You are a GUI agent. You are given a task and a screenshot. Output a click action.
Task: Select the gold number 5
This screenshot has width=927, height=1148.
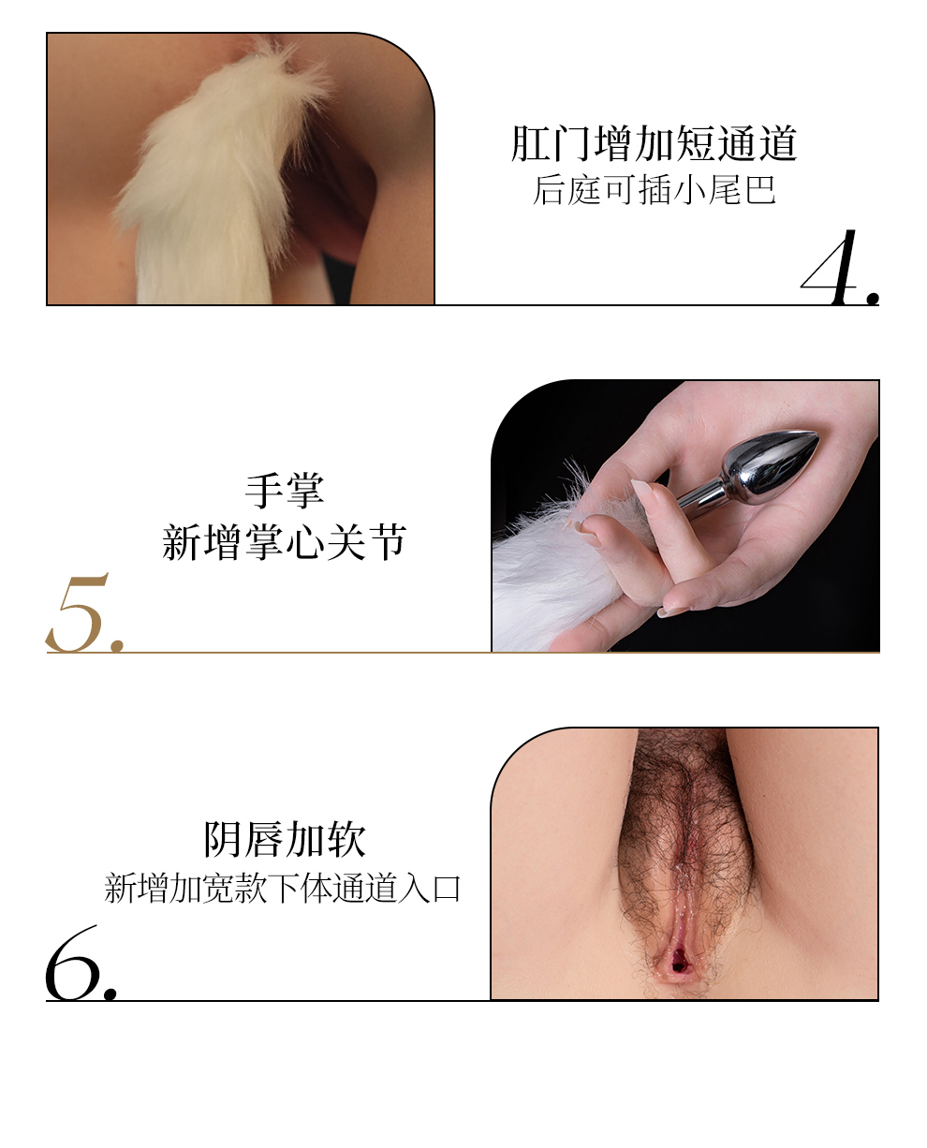77,613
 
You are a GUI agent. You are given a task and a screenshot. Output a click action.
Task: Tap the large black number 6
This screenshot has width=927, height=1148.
73,964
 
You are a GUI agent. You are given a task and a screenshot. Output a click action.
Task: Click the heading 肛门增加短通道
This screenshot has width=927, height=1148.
654,143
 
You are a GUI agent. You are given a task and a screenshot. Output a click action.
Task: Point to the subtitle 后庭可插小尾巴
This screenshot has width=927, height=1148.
654,190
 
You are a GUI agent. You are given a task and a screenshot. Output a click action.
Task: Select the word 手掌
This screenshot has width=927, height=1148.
285,491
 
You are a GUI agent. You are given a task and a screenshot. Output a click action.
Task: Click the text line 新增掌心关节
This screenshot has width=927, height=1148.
285,541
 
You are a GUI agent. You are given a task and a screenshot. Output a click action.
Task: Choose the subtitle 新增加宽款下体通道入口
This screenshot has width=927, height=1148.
283,889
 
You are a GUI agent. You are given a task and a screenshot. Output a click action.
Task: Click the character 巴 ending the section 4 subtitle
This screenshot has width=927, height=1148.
759,190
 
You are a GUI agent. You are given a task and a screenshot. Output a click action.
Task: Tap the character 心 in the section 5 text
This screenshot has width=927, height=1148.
304,542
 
